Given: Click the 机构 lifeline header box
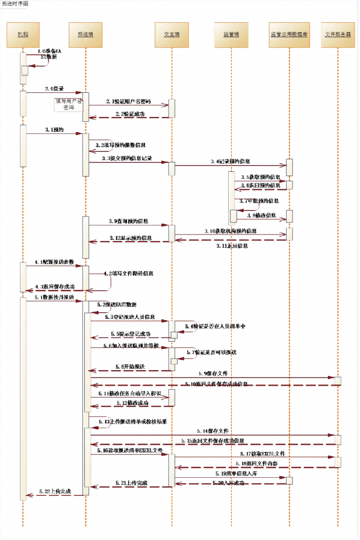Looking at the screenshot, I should point(23,34).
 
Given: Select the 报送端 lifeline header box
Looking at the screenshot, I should point(86,34).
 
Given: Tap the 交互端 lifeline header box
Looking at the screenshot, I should point(170,34).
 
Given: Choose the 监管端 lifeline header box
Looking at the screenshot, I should point(230,34).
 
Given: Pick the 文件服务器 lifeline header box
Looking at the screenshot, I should point(338,34).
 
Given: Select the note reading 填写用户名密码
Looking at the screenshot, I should point(69,105).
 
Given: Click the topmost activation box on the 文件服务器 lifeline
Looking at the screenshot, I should point(338,381).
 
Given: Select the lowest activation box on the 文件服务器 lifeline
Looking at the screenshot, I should point(338,462).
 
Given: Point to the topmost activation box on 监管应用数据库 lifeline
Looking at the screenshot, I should point(289,167).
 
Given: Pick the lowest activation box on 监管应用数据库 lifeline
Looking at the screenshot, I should point(289,480).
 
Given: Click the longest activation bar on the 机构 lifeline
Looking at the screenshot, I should point(23,398).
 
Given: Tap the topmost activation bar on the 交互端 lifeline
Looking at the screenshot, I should point(171,109).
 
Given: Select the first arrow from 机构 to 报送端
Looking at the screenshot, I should point(53,93).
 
